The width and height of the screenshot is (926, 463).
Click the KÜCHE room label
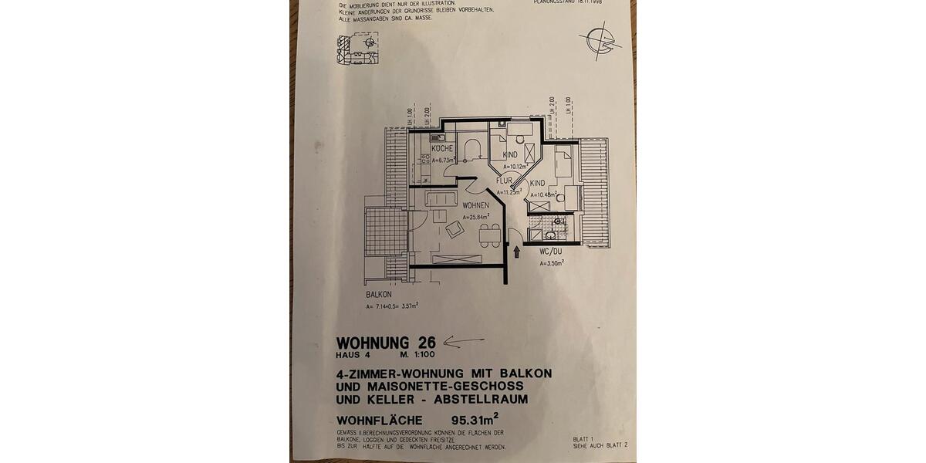441,148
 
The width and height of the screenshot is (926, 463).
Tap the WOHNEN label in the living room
477,205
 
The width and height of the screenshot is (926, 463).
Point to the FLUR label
505,181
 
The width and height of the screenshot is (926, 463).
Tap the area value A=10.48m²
542,194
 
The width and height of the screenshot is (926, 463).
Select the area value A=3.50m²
552,262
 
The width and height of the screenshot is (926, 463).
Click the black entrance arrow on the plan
516,252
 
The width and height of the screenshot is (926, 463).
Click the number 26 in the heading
427,342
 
